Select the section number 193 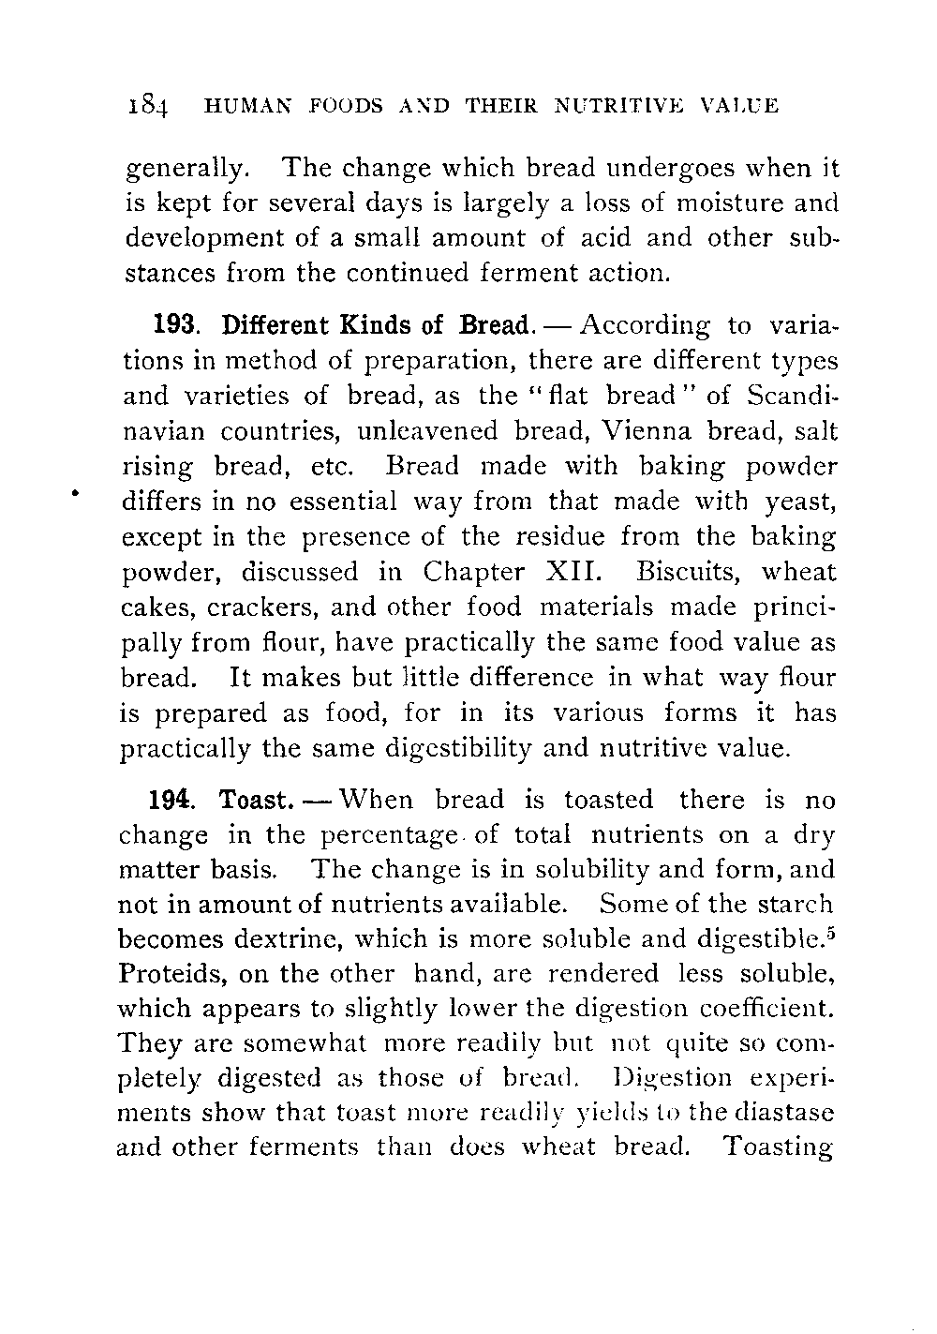pos(175,325)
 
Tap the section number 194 pos(171,800)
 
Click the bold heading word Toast pos(253,800)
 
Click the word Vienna pos(651,431)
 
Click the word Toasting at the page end pos(780,1149)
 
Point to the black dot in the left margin pos(72,489)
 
